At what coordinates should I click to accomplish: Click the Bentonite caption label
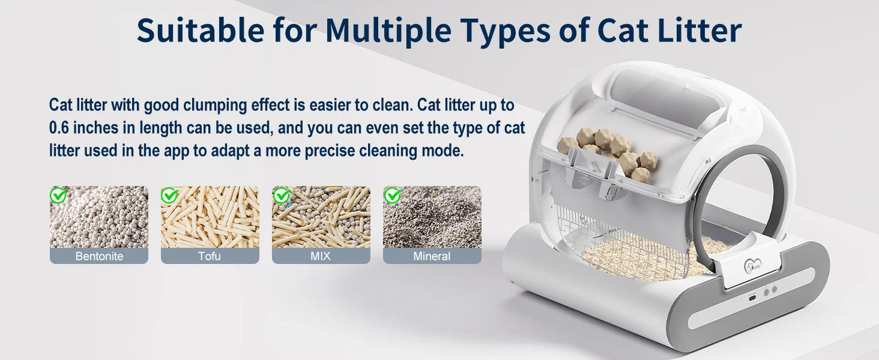click(99, 256)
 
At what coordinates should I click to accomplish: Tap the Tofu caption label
click(210, 256)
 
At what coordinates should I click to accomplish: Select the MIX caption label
click(321, 256)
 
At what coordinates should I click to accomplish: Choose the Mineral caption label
click(432, 256)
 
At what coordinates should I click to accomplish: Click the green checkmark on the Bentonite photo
click(58, 195)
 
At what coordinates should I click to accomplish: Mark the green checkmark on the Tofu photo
click(169, 195)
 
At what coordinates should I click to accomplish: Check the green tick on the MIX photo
click(281, 195)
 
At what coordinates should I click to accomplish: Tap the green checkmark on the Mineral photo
click(392, 195)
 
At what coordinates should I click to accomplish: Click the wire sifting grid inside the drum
click(627, 243)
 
